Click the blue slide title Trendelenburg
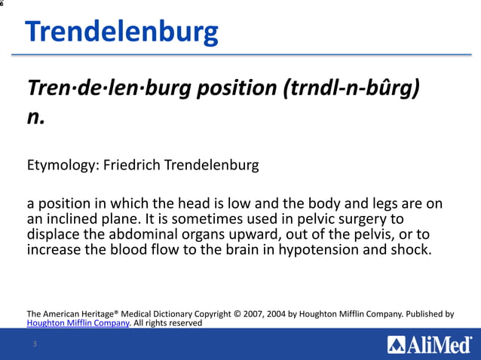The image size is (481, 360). [x=121, y=32]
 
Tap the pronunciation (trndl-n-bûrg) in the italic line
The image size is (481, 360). [x=351, y=89]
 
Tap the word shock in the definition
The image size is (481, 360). [x=411, y=249]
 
